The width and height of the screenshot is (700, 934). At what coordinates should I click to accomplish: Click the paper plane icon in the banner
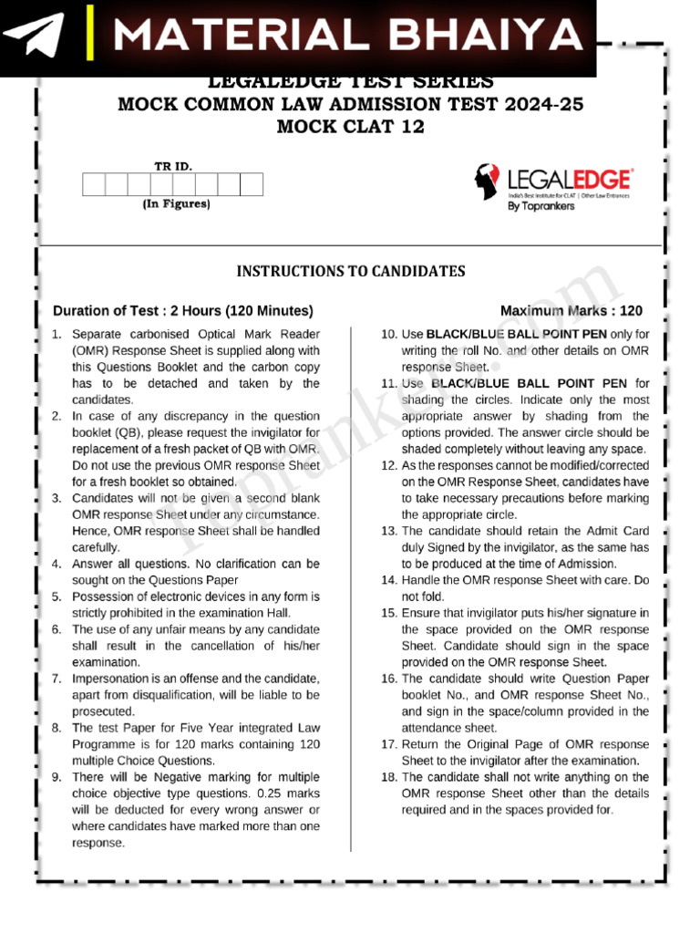(x=34, y=36)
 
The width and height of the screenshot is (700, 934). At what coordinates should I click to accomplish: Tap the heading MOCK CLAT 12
(x=350, y=128)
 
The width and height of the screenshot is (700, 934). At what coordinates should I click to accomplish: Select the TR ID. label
(x=173, y=166)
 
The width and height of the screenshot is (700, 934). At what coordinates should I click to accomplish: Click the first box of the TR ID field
(x=94, y=185)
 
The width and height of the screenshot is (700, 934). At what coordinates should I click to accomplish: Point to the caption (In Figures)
(x=176, y=204)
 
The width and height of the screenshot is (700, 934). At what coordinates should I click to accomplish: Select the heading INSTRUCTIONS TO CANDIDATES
(x=351, y=271)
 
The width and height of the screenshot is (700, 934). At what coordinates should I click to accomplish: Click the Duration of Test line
(x=183, y=310)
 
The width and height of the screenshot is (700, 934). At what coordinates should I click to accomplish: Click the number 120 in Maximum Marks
(x=631, y=311)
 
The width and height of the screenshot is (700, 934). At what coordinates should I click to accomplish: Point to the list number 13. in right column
(x=389, y=531)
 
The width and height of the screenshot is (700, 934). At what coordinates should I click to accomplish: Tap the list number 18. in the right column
(x=389, y=777)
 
